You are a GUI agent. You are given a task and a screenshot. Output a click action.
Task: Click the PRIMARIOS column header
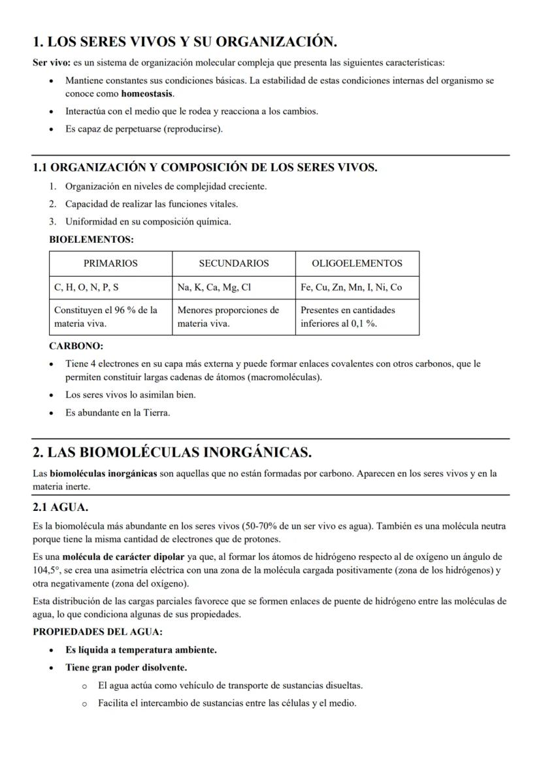point(110,264)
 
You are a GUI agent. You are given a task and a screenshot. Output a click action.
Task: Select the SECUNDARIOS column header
point(233,264)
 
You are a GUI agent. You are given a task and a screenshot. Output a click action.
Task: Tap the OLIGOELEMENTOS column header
point(357,264)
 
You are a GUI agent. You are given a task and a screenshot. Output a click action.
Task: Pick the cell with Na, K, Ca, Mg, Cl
point(214,287)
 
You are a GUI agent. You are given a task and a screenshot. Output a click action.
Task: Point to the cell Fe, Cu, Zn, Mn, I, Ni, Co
point(351,287)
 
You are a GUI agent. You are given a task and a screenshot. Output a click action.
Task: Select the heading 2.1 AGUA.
point(60,507)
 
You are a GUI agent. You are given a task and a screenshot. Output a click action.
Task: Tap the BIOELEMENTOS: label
point(91,239)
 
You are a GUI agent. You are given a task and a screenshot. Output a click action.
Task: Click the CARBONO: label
point(76,346)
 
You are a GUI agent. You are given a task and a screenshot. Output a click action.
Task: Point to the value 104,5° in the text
point(44,570)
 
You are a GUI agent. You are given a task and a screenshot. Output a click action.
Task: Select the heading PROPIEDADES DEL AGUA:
point(97,632)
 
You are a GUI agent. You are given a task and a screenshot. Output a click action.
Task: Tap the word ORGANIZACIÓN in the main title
point(276,42)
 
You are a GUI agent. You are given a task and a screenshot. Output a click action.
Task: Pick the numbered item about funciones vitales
point(151,204)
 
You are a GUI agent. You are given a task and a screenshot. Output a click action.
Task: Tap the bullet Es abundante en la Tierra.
point(117,412)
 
